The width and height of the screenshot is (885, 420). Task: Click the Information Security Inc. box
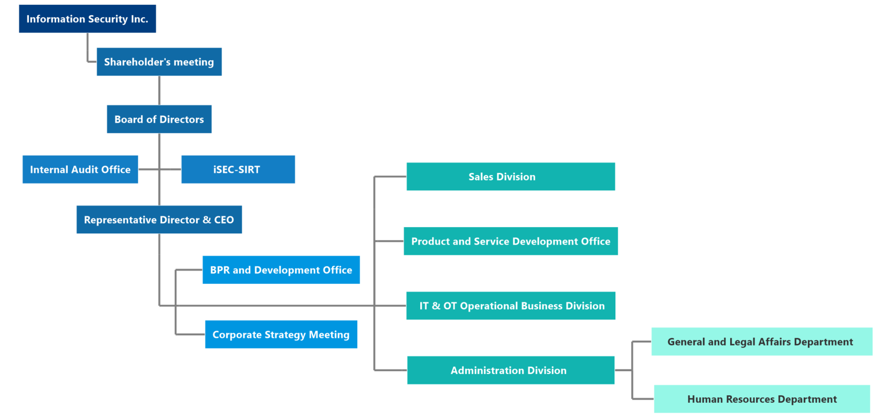(87, 18)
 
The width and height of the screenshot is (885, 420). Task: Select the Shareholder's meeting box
(159, 61)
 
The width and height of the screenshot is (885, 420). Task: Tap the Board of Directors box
(159, 119)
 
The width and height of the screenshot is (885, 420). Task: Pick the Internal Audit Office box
(80, 169)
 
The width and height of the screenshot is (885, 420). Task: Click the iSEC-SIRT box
(238, 169)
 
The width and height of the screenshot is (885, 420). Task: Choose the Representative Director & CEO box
(159, 220)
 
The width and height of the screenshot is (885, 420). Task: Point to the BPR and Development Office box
(281, 270)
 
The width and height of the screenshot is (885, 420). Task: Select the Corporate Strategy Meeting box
(281, 335)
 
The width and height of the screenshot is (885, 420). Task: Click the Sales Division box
(511, 177)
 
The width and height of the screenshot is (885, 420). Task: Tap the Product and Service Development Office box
(511, 241)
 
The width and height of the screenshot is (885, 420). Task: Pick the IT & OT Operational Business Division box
(511, 306)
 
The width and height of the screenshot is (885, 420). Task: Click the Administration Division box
(511, 370)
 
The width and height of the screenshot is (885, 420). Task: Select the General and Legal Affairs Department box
(762, 341)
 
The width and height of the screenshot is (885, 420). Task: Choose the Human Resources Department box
(762, 399)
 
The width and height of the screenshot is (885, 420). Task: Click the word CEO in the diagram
(224, 220)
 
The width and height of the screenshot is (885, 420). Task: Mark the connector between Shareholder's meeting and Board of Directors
(159, 90)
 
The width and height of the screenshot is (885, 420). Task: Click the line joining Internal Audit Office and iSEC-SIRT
(159, 169)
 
